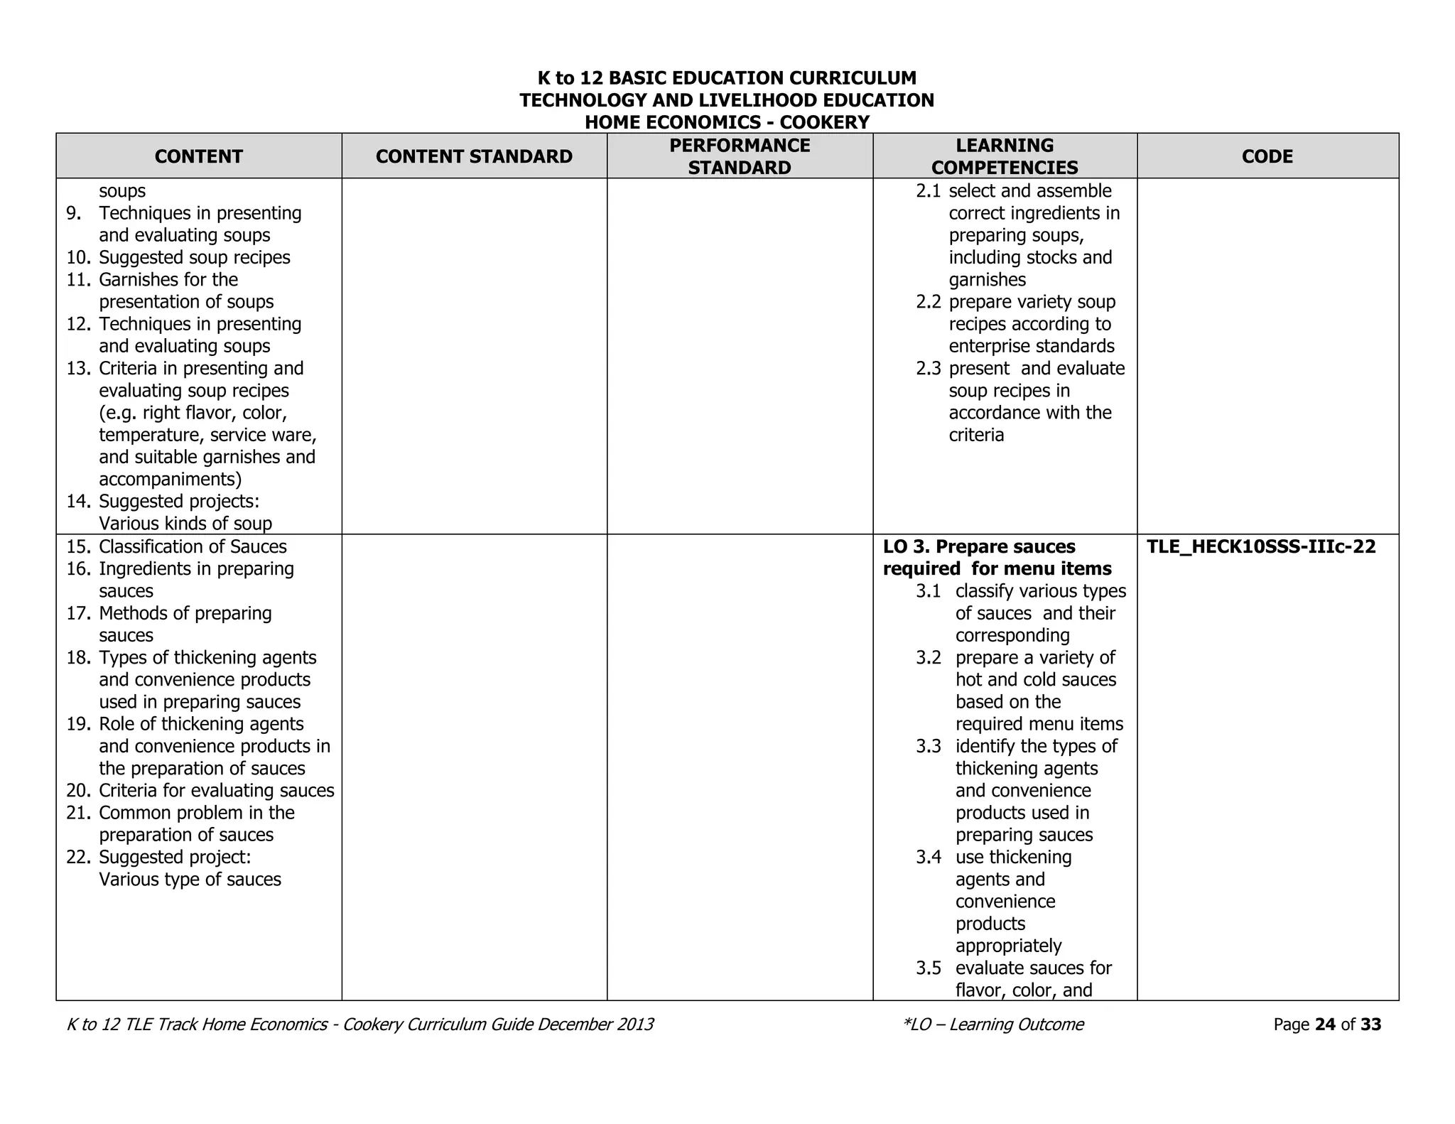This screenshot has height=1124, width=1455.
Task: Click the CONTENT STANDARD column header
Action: [474, 156]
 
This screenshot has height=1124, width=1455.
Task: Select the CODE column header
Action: [1267, 156]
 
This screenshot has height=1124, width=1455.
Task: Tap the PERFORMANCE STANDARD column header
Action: [740, 156]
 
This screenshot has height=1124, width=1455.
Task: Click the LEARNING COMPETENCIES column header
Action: [1005, 156]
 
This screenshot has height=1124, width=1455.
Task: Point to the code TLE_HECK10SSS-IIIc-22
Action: [1261, 546]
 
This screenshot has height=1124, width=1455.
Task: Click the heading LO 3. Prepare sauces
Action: [979, 546]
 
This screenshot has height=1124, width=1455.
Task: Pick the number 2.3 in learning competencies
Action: [928, 368]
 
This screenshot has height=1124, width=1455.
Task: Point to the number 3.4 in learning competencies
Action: [928, 857]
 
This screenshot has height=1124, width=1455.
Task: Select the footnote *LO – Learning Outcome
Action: [992, 1024]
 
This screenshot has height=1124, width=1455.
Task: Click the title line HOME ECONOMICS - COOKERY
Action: [727, 122]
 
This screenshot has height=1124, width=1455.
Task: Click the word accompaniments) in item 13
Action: [171, 479]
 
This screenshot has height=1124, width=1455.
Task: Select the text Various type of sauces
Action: [190, 879]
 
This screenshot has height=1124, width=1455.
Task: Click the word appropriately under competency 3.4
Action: [1008, 946]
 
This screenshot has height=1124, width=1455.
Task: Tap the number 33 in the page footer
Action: [1370, 1024]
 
